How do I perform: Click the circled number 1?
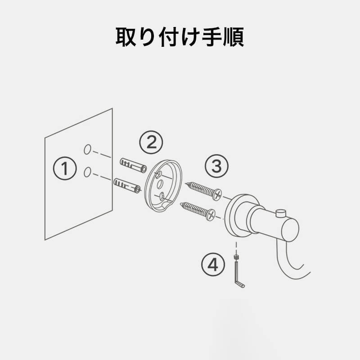[x=65, y=168]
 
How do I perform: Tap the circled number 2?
[x=151, y=142]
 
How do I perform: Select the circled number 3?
[x=216, y=166]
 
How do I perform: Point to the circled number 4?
[x=213, y=265]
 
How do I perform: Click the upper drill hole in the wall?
[x=87, y=149]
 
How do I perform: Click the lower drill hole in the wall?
[x=87, y=172]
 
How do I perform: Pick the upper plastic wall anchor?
[x=133, y=165]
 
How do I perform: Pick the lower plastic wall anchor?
[x=127, y=185]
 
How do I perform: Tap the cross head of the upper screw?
[x=217, y=194]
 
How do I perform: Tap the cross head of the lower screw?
[x=211, y=215]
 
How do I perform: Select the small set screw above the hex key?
[x=236, y=256]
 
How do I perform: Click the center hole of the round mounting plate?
[x=161, y=184]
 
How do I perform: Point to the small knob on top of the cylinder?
[x=280, y=213]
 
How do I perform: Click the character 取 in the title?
[x=126, y=37]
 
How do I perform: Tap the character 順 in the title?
[x=233, y=37]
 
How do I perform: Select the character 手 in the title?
[x=212, y=37]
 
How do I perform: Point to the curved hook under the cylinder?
[x=292, y=264]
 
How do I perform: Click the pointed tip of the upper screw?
[x=185, y=183]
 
